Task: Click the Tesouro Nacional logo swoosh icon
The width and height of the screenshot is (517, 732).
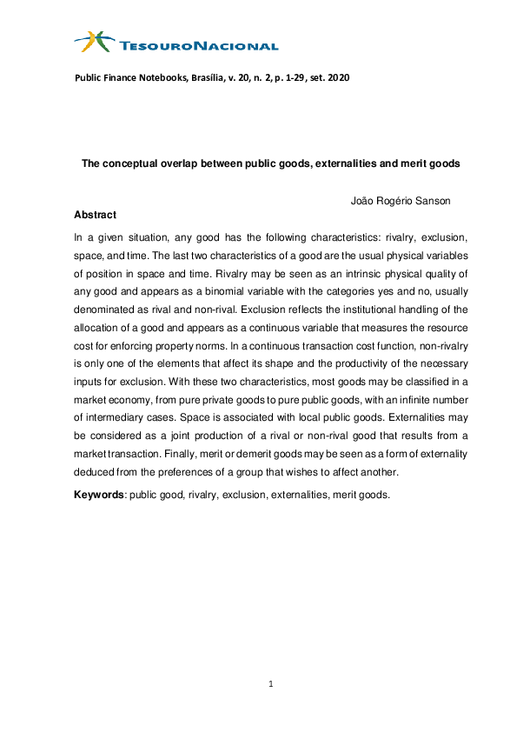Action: [93, 40]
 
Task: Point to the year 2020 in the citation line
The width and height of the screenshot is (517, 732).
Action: [338, 77]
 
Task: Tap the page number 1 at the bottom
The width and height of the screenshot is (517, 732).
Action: [271, 685]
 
